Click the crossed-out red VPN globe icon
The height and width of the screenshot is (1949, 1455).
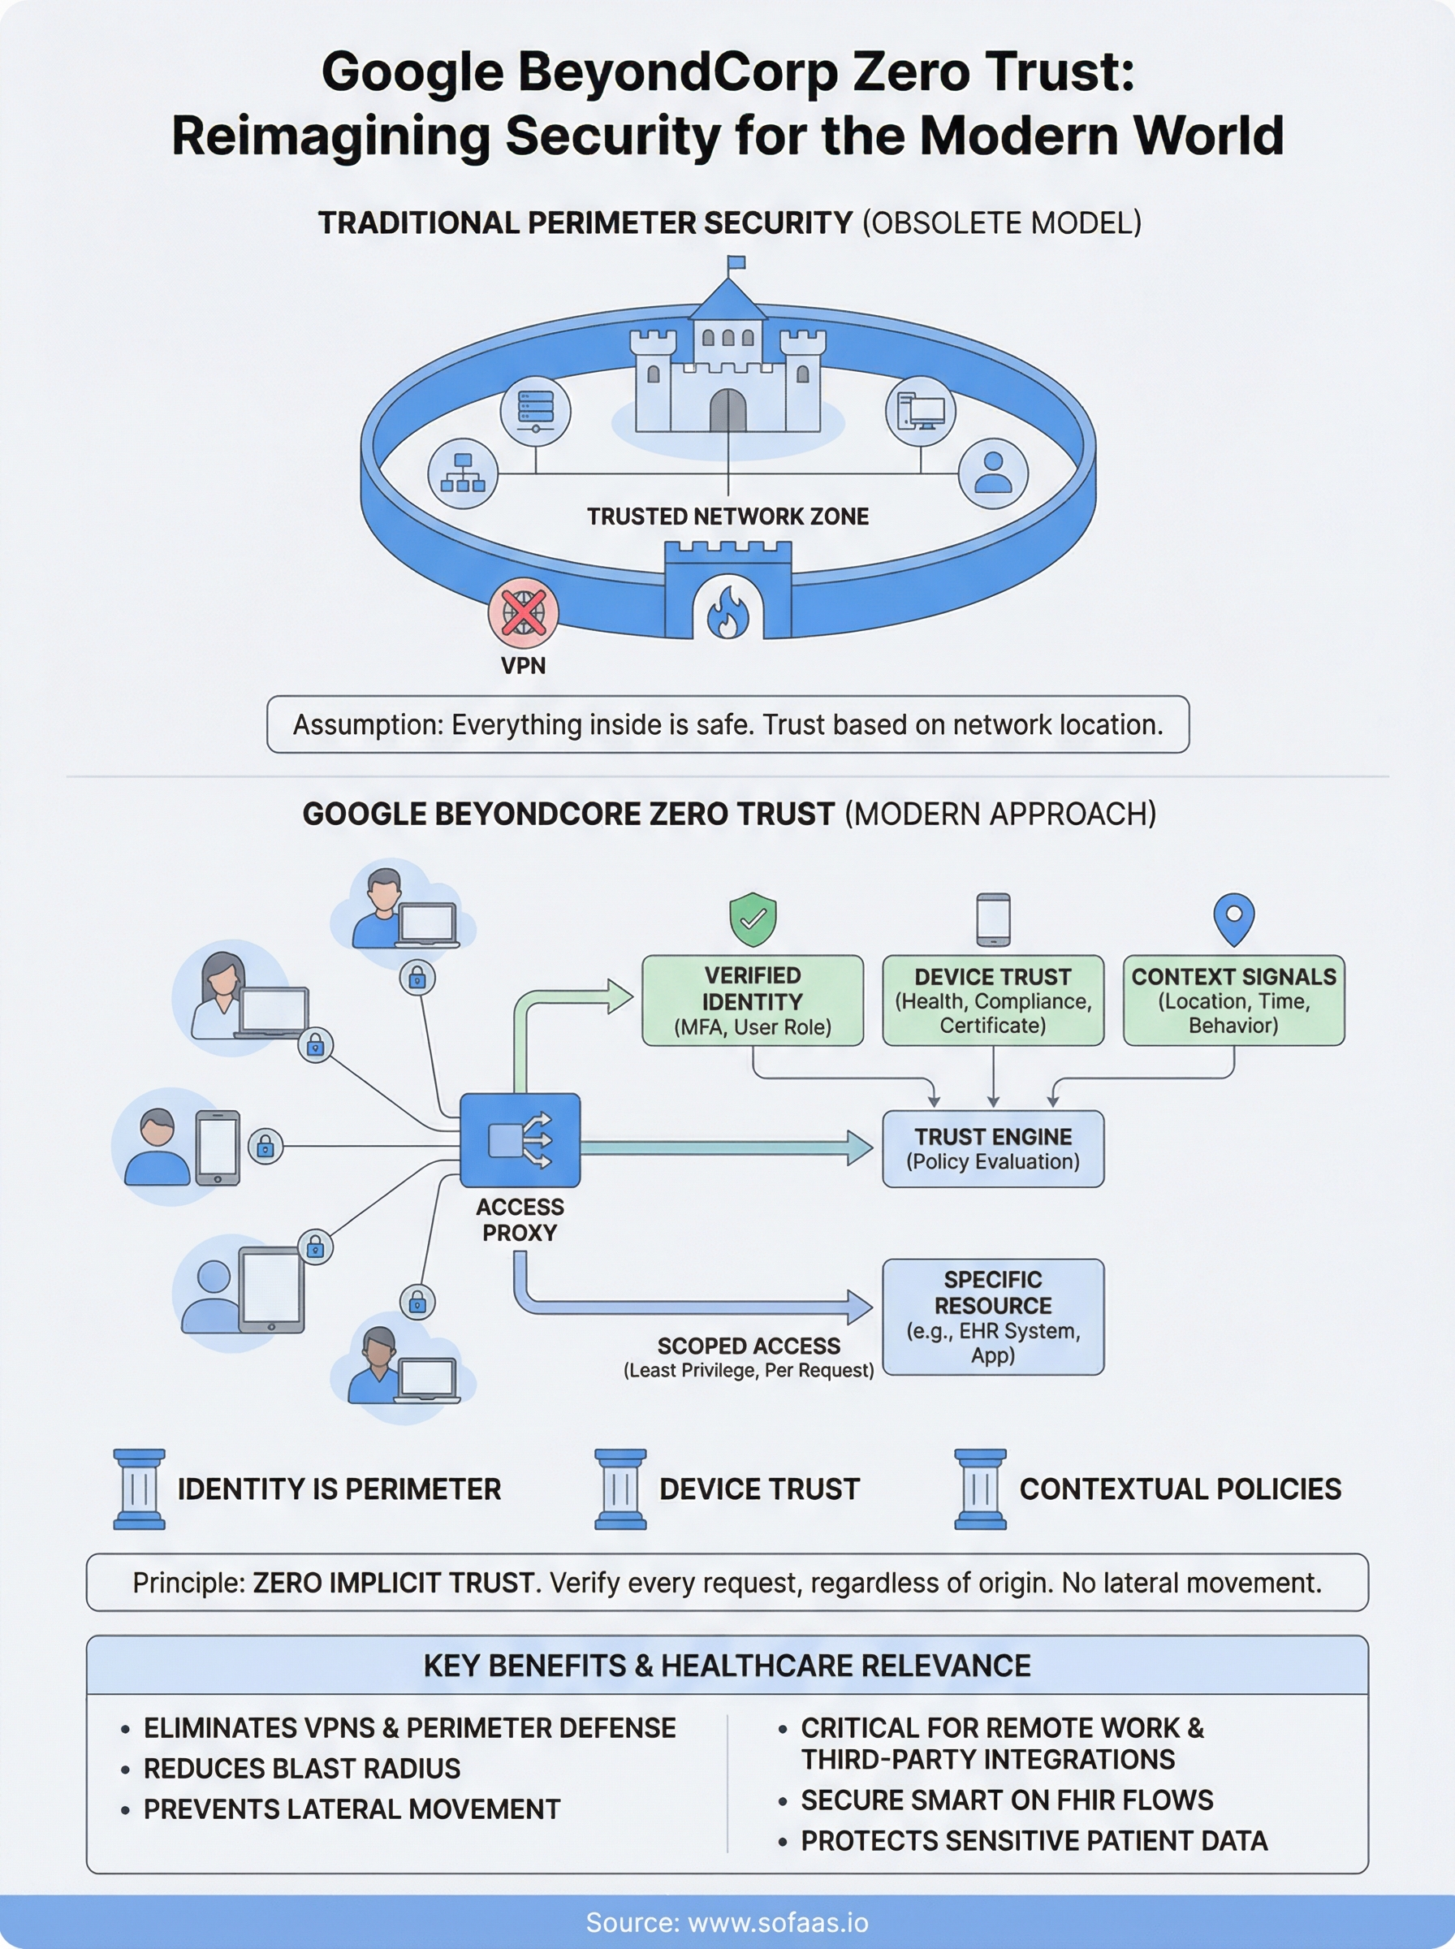(523, 612)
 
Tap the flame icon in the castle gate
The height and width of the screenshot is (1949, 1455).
(727, 613)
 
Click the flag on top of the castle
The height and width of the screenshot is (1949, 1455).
(736, 262)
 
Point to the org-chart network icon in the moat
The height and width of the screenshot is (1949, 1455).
(462, 473)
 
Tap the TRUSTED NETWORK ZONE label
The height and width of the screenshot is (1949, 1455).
(727, 517)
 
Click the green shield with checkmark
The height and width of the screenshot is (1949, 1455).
(753, 919)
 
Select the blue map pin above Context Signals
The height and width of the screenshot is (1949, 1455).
(1233, 918)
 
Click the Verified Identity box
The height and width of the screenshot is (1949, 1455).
(753, 1000)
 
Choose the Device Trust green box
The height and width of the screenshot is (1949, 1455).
(993, 1000)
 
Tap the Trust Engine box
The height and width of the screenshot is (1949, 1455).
(993, 1148)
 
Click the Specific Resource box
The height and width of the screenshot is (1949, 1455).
(993, 1316)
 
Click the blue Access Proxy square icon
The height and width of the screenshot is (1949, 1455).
(520, 1140)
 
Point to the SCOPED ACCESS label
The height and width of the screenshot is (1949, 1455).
(749, 1346)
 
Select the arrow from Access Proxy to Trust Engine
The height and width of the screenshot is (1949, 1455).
(722, 1147)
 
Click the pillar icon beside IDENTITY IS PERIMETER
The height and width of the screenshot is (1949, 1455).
(139, 1489)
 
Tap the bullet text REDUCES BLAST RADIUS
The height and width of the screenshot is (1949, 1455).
(301, 1769)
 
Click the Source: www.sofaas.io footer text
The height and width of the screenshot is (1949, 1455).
(727, 1922)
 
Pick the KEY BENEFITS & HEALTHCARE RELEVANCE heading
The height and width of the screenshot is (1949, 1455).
(727, 1666)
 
